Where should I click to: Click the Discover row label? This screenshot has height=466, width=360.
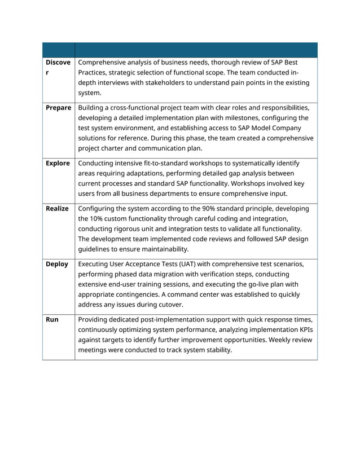click(58, 67)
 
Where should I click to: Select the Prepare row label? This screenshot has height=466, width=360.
click(58, 108)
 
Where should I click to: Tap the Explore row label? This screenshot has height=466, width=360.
click(58, 163)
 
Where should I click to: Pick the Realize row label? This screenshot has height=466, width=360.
click(57, 208)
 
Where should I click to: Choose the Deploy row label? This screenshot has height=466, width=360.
click(56, 263)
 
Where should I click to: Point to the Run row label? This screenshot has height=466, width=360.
click(52, 319)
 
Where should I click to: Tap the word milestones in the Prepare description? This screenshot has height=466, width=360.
click(259, 118)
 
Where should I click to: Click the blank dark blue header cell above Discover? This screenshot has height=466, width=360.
click(58, 50)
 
